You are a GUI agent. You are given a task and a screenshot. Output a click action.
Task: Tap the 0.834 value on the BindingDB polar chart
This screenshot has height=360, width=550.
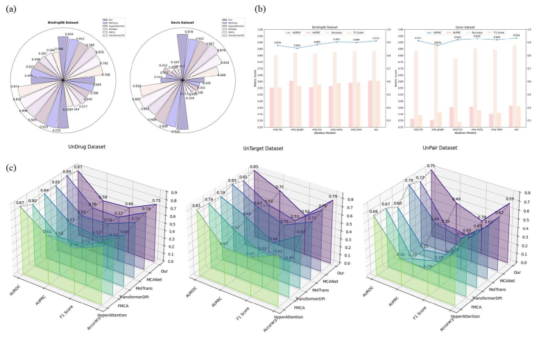click(69, 33)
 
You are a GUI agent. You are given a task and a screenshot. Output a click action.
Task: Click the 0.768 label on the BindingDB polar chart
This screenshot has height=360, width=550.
click(106, 75)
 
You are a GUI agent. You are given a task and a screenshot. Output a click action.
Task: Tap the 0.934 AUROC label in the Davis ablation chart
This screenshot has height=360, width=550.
click(516, 37)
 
